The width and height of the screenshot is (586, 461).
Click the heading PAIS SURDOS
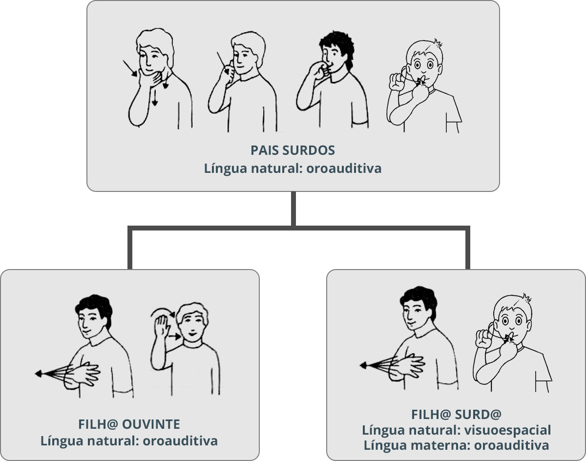tap(293, 149)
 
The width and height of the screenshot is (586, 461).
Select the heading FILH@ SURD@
tap(456, 415)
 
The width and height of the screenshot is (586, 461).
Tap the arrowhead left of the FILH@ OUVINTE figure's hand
tap(38, 374)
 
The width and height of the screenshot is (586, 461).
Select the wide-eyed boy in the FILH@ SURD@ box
tap(510, 342)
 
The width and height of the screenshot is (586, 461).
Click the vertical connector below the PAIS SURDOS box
tap(293, 209)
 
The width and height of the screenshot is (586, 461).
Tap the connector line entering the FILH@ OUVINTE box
tap(130, 254)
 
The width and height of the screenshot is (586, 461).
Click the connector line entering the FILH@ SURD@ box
tap(468, 254)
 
